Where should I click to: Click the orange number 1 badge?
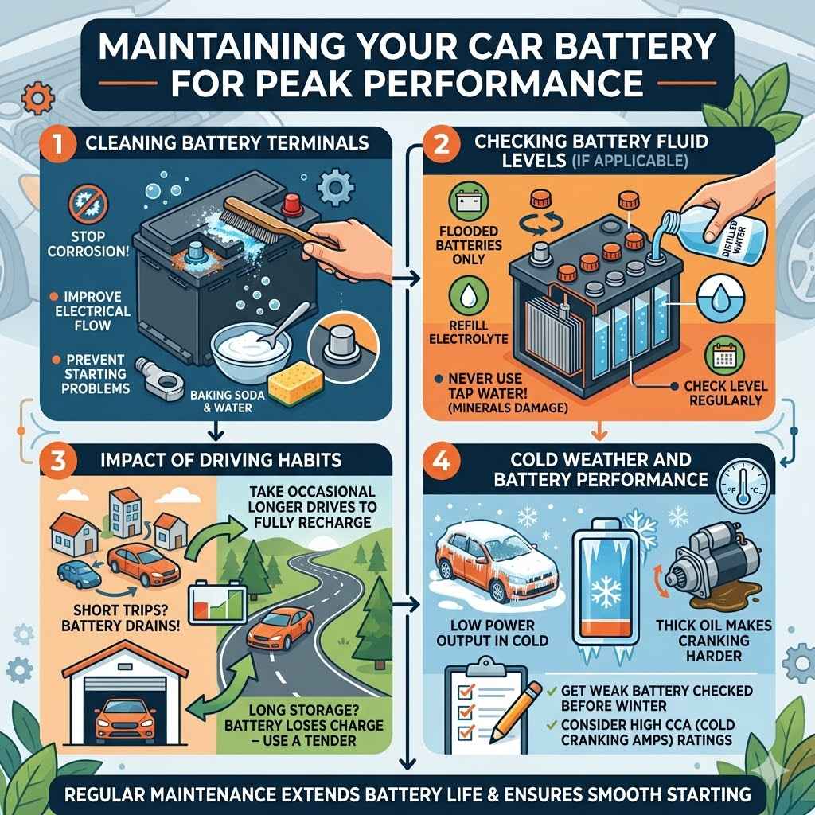53,144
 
